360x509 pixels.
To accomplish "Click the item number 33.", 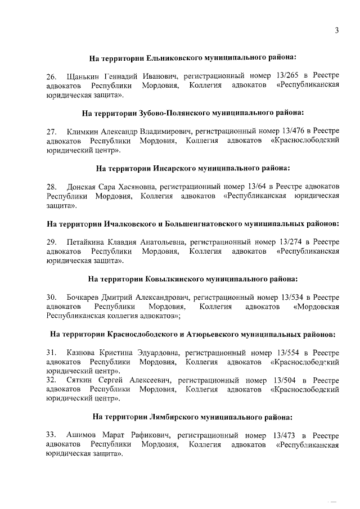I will click(51, 435).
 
